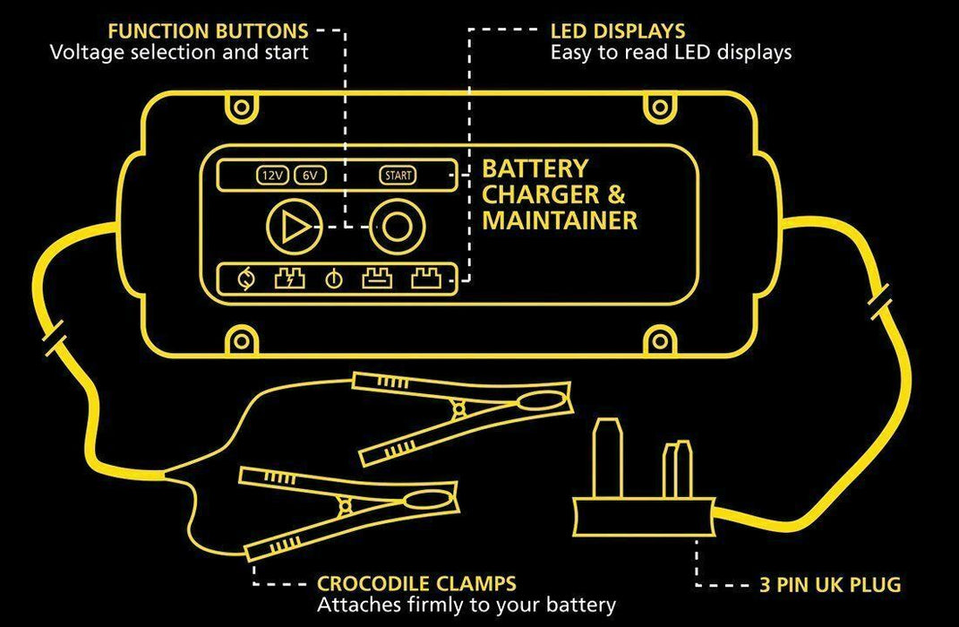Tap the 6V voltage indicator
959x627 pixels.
309,176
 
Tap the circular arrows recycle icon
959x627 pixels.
244,280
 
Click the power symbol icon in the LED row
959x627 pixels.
333,280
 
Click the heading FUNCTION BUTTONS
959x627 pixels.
207,32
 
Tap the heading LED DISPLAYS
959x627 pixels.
618,32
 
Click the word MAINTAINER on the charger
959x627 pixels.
560,220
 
